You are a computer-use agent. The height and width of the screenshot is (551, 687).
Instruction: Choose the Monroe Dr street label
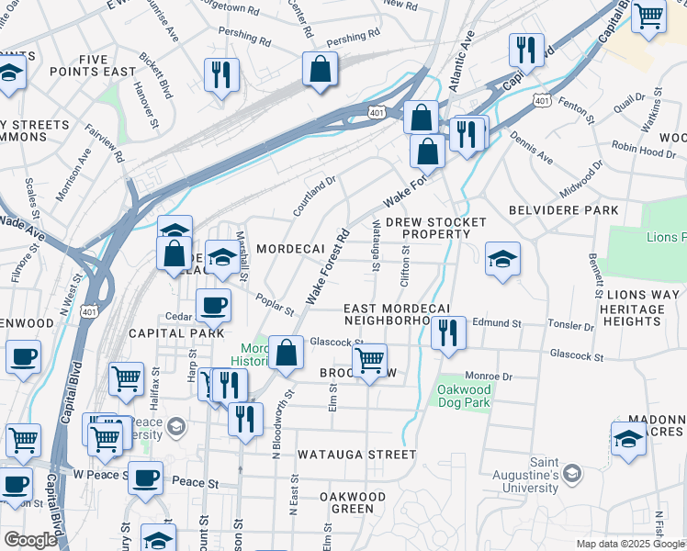tap(489, 376)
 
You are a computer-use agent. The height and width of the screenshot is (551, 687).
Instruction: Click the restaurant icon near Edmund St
tap(448, 332)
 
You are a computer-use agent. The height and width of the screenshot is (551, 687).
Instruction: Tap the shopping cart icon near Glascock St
tap(369, 360)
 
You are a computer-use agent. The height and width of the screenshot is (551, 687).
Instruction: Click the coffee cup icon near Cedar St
tap(213, 306)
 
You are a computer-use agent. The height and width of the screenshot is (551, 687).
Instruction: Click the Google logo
tap(30, 540)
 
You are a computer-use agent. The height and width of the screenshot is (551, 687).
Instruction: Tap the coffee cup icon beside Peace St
tap(145, 478)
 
